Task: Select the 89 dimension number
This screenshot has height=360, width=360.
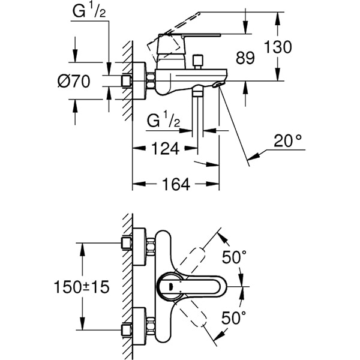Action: click(245, 58)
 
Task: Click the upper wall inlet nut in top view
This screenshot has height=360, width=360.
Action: click(127, 242)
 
